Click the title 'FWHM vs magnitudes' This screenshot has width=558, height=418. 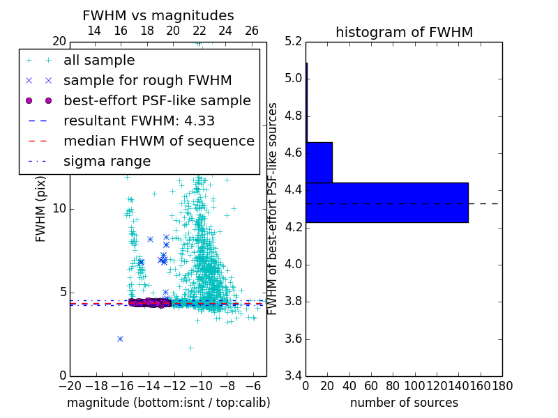click(158, 15)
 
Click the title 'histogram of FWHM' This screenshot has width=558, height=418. click(404, 32)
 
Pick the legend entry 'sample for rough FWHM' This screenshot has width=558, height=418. click(147, 80)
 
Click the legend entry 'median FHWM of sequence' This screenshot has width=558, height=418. click(158, 141)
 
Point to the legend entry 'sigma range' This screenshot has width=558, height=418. click(107, 161)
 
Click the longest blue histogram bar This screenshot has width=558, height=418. click(386, 203)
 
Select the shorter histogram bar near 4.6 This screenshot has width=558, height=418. click(319, 162)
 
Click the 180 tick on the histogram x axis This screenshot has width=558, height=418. click(502, 385)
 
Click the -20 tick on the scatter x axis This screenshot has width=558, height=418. click(70, 385)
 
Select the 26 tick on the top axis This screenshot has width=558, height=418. click(252, 31)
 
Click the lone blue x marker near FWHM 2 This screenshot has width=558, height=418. click(120, 339)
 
